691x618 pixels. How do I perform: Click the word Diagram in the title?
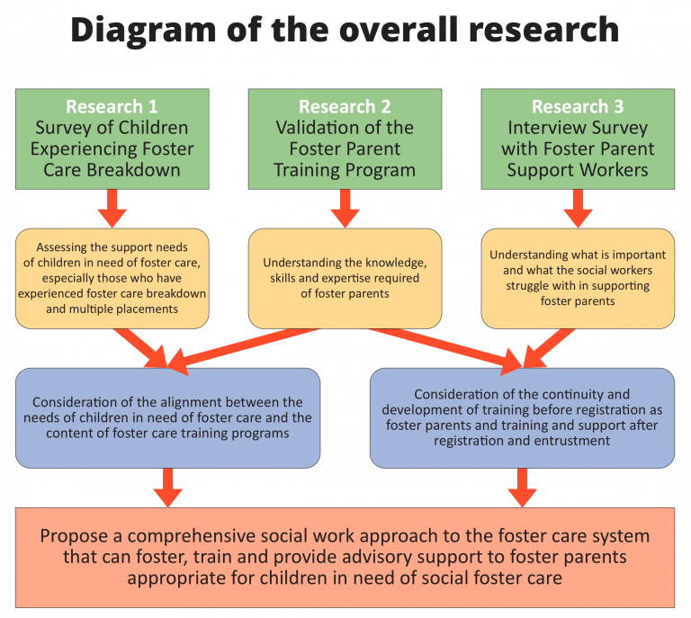coord(143,31)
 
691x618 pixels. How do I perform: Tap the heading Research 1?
coord(112,106)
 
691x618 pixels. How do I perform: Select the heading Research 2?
coord(345,106)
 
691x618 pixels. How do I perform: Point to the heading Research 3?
coord(578,106)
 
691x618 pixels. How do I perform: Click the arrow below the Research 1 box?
coord(112,209)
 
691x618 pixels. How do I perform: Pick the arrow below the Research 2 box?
coord(345,209)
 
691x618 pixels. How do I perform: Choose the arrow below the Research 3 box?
coord(578,209)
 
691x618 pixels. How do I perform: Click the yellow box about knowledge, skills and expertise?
coord(345,278)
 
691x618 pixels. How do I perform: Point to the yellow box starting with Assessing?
coord(112,278)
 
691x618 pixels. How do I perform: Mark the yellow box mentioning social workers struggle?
coord(578,278)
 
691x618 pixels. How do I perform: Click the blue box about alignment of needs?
coord(168,418)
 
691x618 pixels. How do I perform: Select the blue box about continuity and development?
coord(522,418)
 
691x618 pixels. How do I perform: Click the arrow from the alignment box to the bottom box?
coord(168,488)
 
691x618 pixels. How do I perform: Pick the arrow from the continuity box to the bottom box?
coord(522,488)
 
